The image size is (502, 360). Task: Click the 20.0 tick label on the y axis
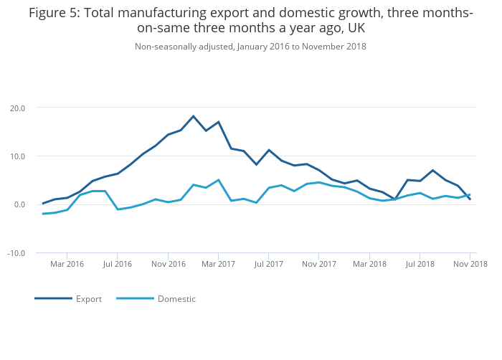(17, 108)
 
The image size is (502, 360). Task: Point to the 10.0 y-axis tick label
(17, 156)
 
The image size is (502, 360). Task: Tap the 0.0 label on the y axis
(19, 205)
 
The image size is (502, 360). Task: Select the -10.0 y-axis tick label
(16, 253)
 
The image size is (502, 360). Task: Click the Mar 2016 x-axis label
(67, 264)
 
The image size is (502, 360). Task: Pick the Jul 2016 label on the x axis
(118, 264)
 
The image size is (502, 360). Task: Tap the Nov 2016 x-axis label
(168, 264)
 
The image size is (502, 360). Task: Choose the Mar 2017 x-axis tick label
(219, 264)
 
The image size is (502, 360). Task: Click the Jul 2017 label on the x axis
(268, 264)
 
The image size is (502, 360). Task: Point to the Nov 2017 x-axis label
(319, 264)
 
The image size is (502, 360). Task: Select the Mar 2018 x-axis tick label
(369, 264)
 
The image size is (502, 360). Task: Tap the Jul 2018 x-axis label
(420, 264)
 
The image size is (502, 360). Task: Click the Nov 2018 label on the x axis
(470, 264)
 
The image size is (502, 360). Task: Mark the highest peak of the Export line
(193, 116)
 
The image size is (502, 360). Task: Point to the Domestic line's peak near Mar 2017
(218, 180)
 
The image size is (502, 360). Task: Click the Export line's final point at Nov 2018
(470, 199)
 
